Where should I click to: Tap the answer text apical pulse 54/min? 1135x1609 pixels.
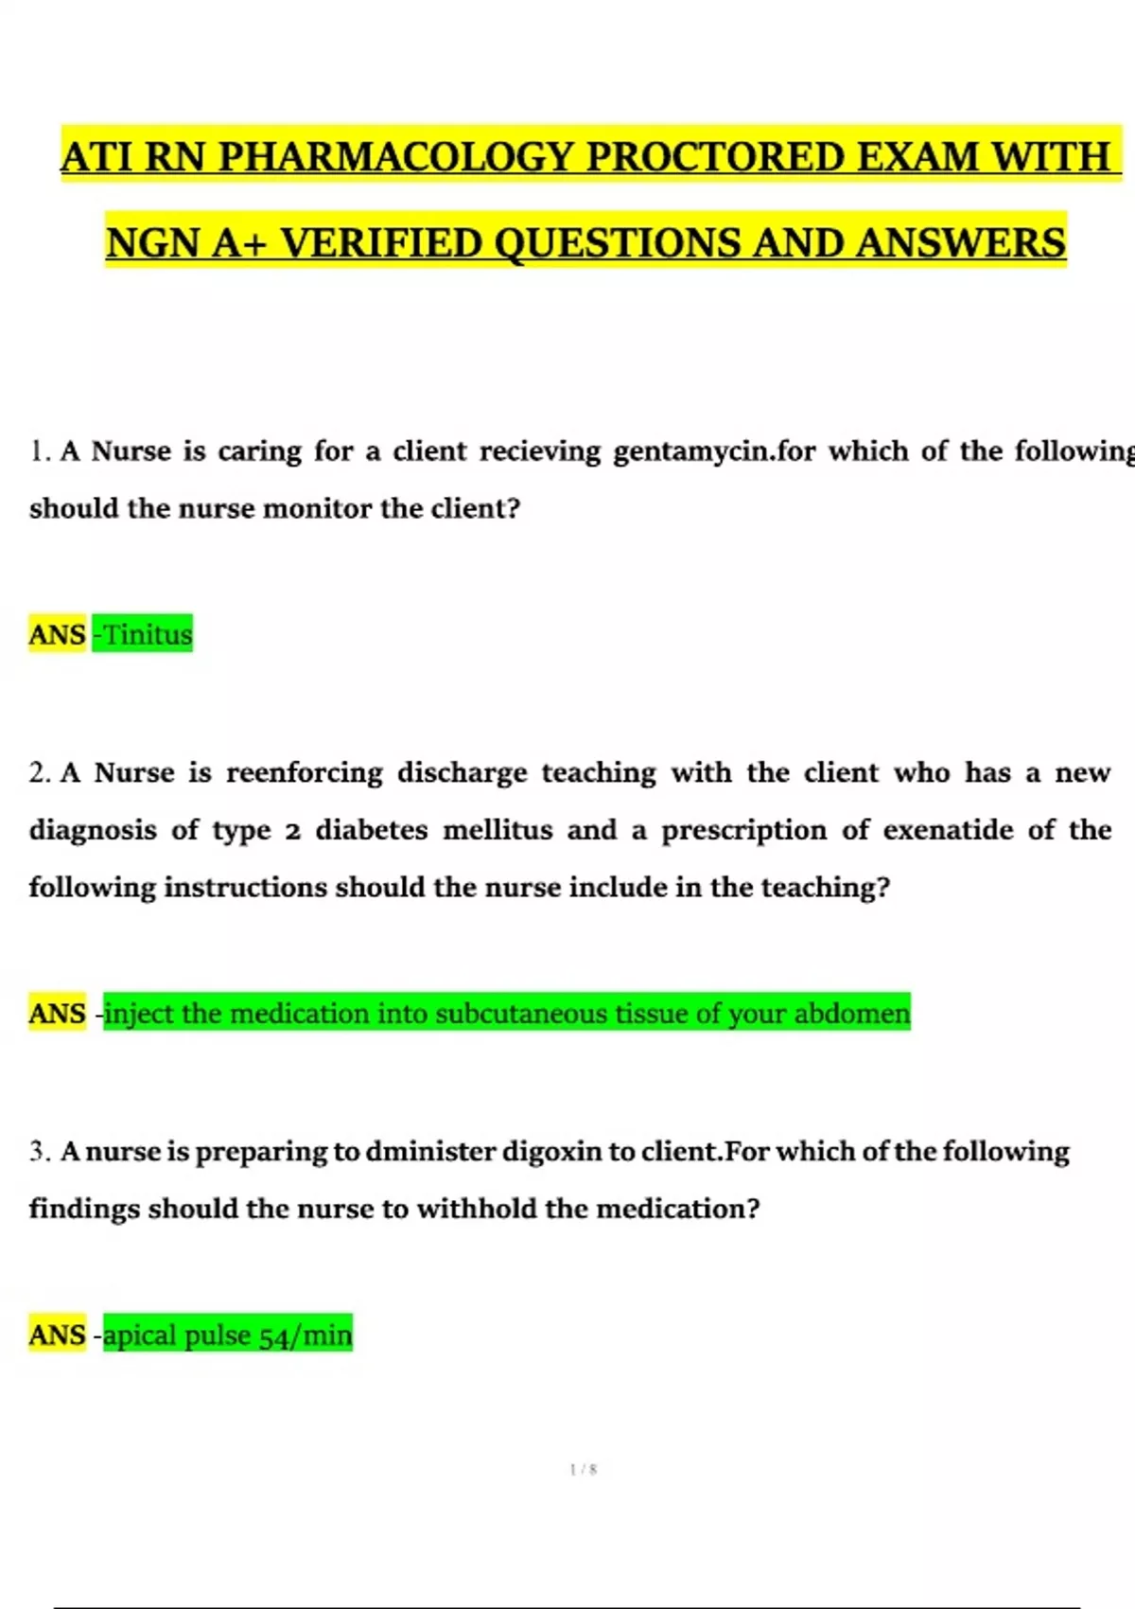[227, 1335]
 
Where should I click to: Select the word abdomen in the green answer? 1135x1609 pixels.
[851, 1014]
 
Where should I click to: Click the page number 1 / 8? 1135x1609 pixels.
[584, 1470]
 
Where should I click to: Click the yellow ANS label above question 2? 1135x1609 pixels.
[57, 634]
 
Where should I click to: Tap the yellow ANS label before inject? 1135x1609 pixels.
[57, 1014]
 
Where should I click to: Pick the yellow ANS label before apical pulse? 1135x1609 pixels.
[57, 1335]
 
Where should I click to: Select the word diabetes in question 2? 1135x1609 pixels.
[372, 830]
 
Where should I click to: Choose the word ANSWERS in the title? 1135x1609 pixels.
[961, 243]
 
